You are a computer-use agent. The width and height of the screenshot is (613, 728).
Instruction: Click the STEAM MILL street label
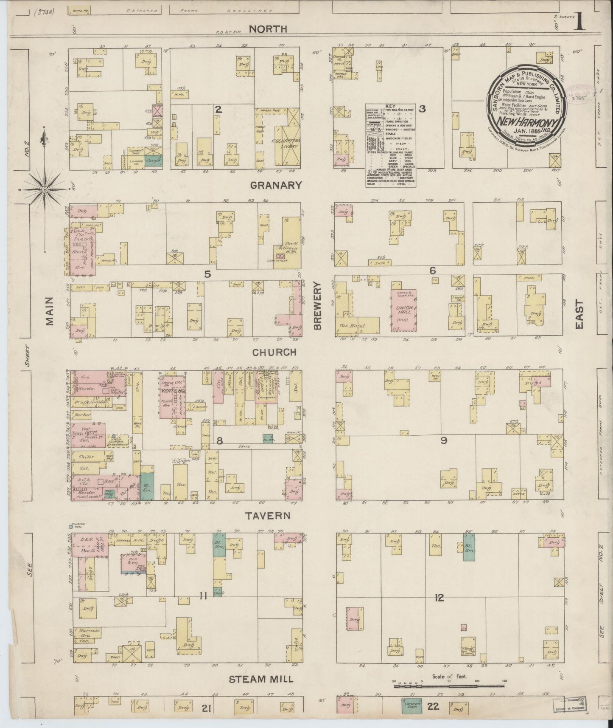(x=261, y=679)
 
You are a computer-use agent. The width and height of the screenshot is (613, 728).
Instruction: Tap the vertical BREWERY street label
(x=318, y=306)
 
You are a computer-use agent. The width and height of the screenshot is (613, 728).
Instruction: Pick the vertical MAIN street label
(x=50, y=317)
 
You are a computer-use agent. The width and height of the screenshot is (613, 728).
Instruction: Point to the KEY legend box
(x=390, y=145)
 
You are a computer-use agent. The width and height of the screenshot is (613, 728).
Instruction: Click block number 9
(x=444, y=441)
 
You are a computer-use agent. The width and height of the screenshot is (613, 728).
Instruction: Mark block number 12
(x=439, y=598)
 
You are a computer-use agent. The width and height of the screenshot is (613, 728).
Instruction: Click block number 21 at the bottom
(x=207, y=708)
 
